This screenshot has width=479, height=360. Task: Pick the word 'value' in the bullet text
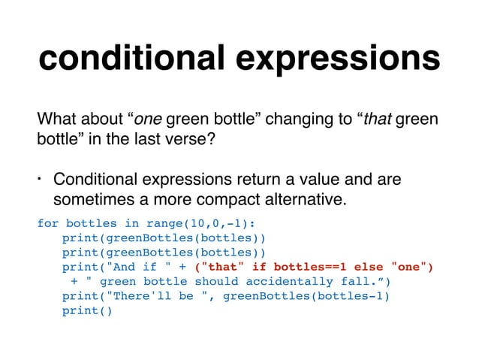click(x=321, y=180)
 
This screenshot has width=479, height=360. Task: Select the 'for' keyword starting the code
click(x=47, y=224)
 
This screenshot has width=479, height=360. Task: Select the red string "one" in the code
click(x=407, y=267)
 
